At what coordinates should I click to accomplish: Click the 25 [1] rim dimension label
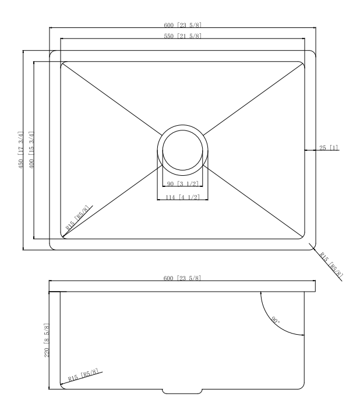(x=328, y=147)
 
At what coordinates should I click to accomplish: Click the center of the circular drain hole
(x=182, y=149)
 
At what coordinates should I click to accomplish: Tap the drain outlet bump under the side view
(x=182, y=391)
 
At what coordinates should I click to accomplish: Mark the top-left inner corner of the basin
(x=62, y=61)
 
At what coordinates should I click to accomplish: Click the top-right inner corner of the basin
(x=304, y=61)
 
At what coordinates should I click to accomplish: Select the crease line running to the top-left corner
(x=111, y=97)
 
